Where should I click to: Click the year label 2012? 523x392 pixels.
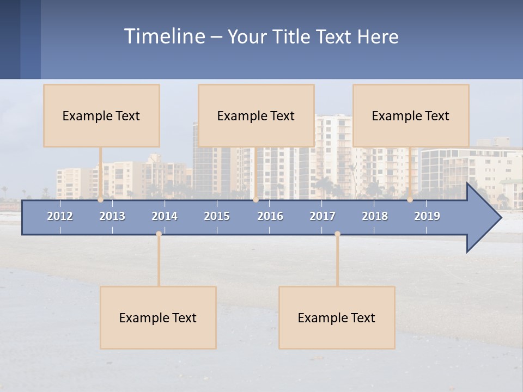pyautogui.click(x=60, y=216)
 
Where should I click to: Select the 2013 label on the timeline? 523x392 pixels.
pyautogui.click(x=112, y=216)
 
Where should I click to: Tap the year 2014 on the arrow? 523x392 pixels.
pyautogui.click(x=165, y=216)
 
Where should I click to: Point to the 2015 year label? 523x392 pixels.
pyautogui.click(x=217, y=216)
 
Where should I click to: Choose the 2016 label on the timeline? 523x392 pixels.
pyautogui.click(x=270, y=216)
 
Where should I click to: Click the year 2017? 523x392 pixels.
pyautogui.click(x=323, y=216)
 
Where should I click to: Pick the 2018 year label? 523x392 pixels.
pyautogui.click(x=375, y=216)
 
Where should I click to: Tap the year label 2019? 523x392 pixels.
pyautogui.click(x=427, y=216)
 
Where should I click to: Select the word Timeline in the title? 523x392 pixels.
pyautogui.click(x=164, y=36)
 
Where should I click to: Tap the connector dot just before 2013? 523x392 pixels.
pyautogui.click(x=101, y=200)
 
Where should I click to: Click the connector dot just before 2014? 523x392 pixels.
pyautogui.click(x=159, y=234)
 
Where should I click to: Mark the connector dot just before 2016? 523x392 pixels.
pyautogui.click(x=256, y=200)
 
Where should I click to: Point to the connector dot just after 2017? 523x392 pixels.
pyautogui.click(x=337, y=234)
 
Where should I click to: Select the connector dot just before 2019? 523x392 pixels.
pyautogui.click(x=410, y=200)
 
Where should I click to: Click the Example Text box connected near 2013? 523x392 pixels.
pyautogui.click(x=101, y=115)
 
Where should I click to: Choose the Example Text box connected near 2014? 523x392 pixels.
pyautogui.click(x=158, y=317)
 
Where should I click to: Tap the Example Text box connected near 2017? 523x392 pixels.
pyautogui.click(x=337, y=317)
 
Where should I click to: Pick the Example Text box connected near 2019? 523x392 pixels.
pyautogui.click(x=411, y=115)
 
